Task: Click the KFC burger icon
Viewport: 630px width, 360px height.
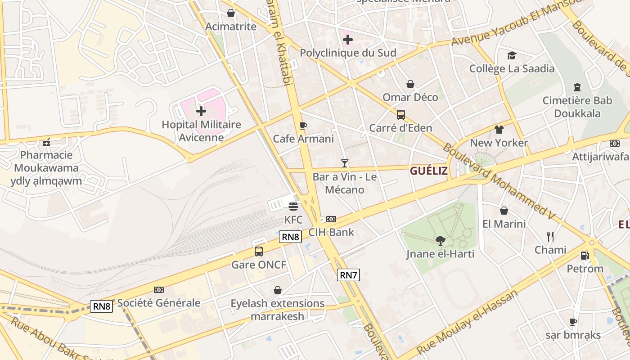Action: pos(293,207)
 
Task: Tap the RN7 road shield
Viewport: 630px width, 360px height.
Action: pos(349,275)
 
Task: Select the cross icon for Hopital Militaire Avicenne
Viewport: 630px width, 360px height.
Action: pos(201,111)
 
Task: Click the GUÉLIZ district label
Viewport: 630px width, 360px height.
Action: pos(429,171)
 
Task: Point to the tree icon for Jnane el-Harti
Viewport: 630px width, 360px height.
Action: pos(440,241)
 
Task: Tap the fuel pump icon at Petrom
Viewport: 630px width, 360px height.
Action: pos(585,255)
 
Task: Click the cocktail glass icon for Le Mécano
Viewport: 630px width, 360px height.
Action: pos(345,163)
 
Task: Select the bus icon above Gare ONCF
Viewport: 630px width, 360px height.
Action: pos(259,251)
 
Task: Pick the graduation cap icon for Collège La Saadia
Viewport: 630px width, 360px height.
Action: pos(512,55)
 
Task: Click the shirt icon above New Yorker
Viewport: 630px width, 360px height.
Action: pos(499,130)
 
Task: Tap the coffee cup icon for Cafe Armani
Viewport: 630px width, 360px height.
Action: pos(303,126)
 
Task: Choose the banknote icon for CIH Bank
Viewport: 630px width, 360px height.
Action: pos(331,219)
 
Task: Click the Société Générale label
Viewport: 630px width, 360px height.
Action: pos(159,303)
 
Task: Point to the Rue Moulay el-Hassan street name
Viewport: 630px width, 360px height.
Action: pos(468,323)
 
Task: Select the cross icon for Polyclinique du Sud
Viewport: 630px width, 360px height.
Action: pos(347,40)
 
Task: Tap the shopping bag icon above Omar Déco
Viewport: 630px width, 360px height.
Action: pos(410,84)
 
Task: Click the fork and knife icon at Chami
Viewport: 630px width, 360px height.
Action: pos(550,236)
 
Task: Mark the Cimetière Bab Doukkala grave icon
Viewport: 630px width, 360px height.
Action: pos(577,87)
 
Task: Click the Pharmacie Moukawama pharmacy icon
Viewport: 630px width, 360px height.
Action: pos(46,143)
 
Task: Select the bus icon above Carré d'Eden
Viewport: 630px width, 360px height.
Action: pos(400,115)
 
